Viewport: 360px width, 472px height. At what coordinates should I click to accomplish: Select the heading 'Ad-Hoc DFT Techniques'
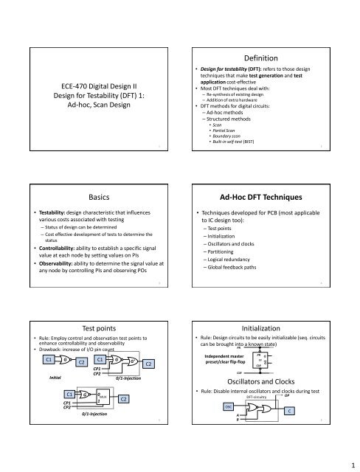point(269,178)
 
